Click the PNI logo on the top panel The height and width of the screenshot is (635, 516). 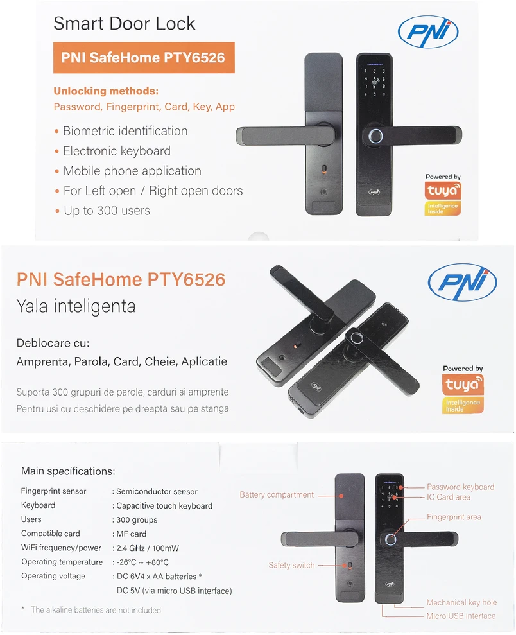428,31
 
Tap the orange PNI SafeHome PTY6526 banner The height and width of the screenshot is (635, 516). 144,58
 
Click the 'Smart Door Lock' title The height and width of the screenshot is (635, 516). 125,24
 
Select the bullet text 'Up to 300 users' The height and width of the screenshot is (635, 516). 107,211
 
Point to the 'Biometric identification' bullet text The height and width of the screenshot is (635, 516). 125,131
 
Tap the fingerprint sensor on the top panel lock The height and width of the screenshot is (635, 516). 374,135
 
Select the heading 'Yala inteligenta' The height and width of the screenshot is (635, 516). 76,306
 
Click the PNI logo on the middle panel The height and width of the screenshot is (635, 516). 462,282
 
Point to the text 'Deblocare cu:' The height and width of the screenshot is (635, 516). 53,343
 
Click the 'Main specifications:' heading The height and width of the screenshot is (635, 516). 68,471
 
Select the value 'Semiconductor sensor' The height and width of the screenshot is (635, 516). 157,492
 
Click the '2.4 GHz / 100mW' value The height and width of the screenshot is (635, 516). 148,548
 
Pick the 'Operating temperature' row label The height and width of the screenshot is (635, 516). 62,562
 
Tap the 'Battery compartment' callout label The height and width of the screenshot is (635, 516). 277,495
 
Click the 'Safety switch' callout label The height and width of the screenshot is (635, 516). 291,566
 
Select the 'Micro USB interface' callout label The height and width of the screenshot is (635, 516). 461,616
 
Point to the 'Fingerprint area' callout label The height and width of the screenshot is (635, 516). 454,517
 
